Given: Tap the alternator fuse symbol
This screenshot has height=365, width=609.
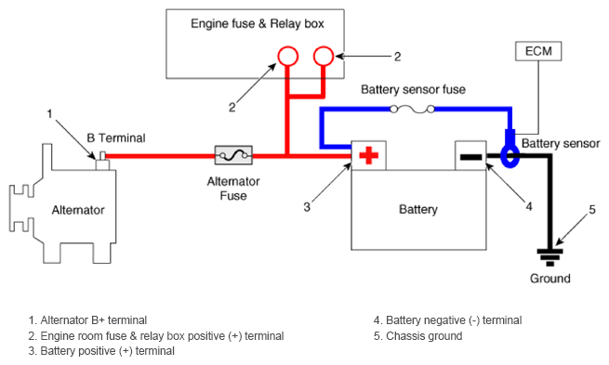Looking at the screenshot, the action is tap(233, 155).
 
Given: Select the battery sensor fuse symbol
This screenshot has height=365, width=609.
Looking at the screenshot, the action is tap(412, 110).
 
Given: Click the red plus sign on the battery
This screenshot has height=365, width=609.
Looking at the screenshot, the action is tap(368, 155).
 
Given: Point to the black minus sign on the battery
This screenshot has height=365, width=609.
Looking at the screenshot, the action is tap(470, 157).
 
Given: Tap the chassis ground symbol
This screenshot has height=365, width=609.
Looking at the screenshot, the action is tap(549, 257).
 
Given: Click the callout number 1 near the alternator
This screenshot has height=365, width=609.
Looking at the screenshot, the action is tap(49, 113).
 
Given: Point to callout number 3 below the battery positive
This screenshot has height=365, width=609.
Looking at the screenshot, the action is tap(307, 207).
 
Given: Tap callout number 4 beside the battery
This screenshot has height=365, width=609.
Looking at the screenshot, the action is tap(529, 206).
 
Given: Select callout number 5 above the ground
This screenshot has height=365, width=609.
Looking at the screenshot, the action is tap(592, 210).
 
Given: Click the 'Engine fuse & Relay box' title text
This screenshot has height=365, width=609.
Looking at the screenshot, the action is tap(258, 23).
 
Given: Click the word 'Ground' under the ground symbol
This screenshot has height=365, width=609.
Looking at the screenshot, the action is tap(550, 278).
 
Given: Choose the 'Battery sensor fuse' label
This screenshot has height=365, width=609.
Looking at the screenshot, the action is tap(413, 89).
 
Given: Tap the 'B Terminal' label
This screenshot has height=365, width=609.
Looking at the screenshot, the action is tap(116, 137).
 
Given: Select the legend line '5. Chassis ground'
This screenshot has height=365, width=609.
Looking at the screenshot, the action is tap(417, 335).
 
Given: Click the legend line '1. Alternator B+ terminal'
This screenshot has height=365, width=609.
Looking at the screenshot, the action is tap(87, 320).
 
